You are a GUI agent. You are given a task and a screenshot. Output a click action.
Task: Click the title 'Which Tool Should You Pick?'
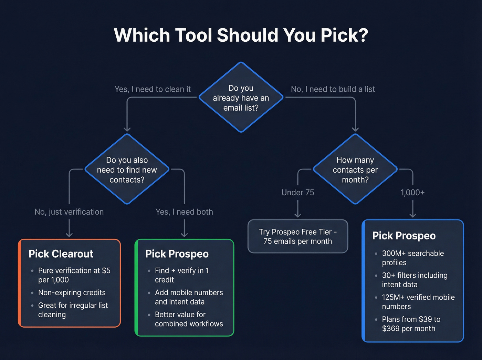pos(241,35)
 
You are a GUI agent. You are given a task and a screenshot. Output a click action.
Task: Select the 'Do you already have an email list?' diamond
pos(241,98)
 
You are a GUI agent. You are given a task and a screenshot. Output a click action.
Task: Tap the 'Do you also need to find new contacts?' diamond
pos(127,169)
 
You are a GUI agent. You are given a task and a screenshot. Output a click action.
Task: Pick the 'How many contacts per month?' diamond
pos(355,169)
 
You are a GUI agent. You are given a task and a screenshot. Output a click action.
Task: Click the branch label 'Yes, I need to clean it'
pos(153,89)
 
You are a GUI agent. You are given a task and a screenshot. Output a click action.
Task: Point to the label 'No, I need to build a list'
pos(333,89)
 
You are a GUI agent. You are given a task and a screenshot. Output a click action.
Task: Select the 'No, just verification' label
pos(69,212)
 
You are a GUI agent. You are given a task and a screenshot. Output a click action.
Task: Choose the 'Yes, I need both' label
pos(184,212)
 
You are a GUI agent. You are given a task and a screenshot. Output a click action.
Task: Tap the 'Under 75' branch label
pos(298,193)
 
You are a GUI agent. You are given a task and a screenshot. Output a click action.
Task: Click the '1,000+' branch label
pos(412,193)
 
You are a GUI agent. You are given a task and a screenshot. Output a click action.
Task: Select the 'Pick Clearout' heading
pos(61,254)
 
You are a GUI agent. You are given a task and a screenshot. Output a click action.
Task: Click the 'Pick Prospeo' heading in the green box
pos(177,254)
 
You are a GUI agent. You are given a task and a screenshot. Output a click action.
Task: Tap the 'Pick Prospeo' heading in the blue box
pos(404,236)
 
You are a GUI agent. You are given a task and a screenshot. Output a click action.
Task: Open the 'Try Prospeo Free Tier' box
pos(298,236)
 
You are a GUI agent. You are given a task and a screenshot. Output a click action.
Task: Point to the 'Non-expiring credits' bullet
pos(72,292)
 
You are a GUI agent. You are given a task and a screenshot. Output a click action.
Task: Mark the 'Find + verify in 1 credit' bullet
pos(182,275)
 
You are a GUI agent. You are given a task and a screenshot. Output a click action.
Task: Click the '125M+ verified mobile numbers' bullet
pos(418,302)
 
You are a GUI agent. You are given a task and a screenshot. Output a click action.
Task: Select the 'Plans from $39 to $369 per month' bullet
pos(411,324)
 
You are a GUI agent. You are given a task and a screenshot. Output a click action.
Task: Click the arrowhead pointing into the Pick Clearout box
pos(69,235)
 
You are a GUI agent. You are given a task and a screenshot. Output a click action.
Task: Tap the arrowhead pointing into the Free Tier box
pos(298,215)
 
